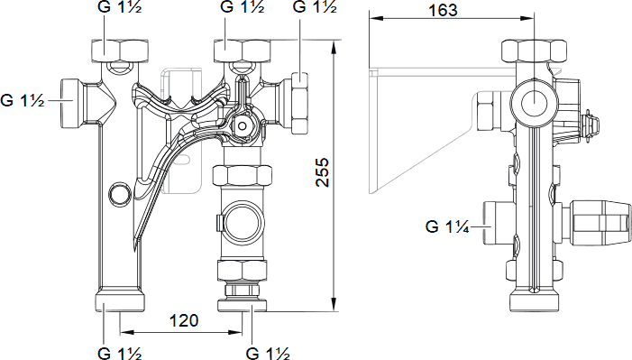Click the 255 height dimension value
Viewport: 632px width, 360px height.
pyautogui.click(x=322, y=172)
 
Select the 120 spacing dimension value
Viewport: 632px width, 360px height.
pyautogui.click(x=184, y=320)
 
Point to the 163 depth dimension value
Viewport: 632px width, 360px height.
pyautogui.click(x=443, y=11)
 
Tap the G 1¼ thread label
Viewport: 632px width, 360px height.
pyautogui.click(x=447, y=226)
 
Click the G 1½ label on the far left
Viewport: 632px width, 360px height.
pyautogui.click(x=23, y=100)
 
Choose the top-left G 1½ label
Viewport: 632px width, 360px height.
pyautogui.click(x=120, y=7)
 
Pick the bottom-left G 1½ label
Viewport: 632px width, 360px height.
pyautogui.click(x=120, y=354)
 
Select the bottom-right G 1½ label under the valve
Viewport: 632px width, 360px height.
pyautogui.click(x=268, y=354)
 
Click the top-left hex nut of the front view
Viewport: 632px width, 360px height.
pyautogui.click(x=120, y=51)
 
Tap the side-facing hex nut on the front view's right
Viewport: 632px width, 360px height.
pyautogui.click(x=299, y=104)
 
